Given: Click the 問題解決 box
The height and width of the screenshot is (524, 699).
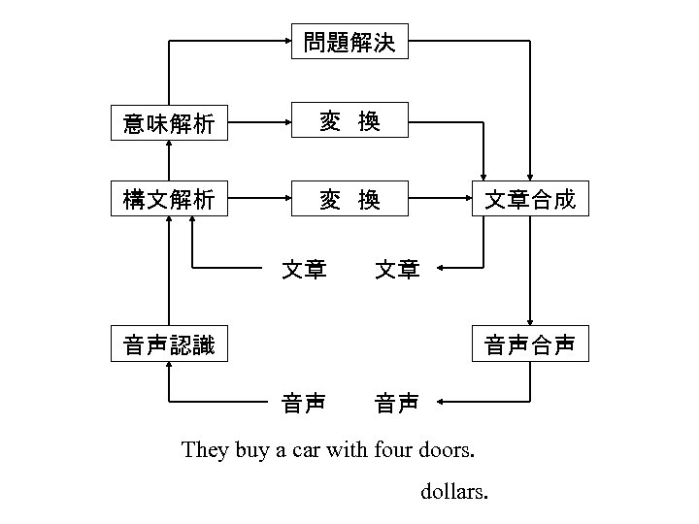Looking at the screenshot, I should point(349,43).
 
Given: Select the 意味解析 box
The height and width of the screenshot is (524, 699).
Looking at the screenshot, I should point(169,123).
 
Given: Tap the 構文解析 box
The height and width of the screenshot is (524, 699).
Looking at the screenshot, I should point(169,200).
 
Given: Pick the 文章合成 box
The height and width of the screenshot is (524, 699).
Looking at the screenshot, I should point(530,200).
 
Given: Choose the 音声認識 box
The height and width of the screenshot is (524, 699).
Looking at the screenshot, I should point(169,344).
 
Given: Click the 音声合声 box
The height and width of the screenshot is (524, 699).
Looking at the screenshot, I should point(530,344).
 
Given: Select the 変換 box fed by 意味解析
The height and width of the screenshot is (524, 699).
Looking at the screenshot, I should point(349,122).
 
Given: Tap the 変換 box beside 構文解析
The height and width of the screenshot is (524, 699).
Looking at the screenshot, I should point(349,200).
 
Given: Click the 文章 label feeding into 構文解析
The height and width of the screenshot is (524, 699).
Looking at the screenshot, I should point(303,268).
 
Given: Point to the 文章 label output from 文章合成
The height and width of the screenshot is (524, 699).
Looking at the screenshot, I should point(398,268).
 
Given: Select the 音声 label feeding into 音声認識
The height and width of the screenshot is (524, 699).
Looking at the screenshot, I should point(303,401).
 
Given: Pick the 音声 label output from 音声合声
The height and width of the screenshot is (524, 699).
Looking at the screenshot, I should point(398,401).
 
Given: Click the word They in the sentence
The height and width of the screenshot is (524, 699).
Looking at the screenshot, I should point(206,450).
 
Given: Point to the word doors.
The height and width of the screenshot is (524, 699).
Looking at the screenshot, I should point(447,450).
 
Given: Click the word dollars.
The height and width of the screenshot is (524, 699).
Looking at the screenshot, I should point(454,492).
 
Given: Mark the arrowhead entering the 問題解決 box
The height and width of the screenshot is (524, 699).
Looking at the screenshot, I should point(286,42).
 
